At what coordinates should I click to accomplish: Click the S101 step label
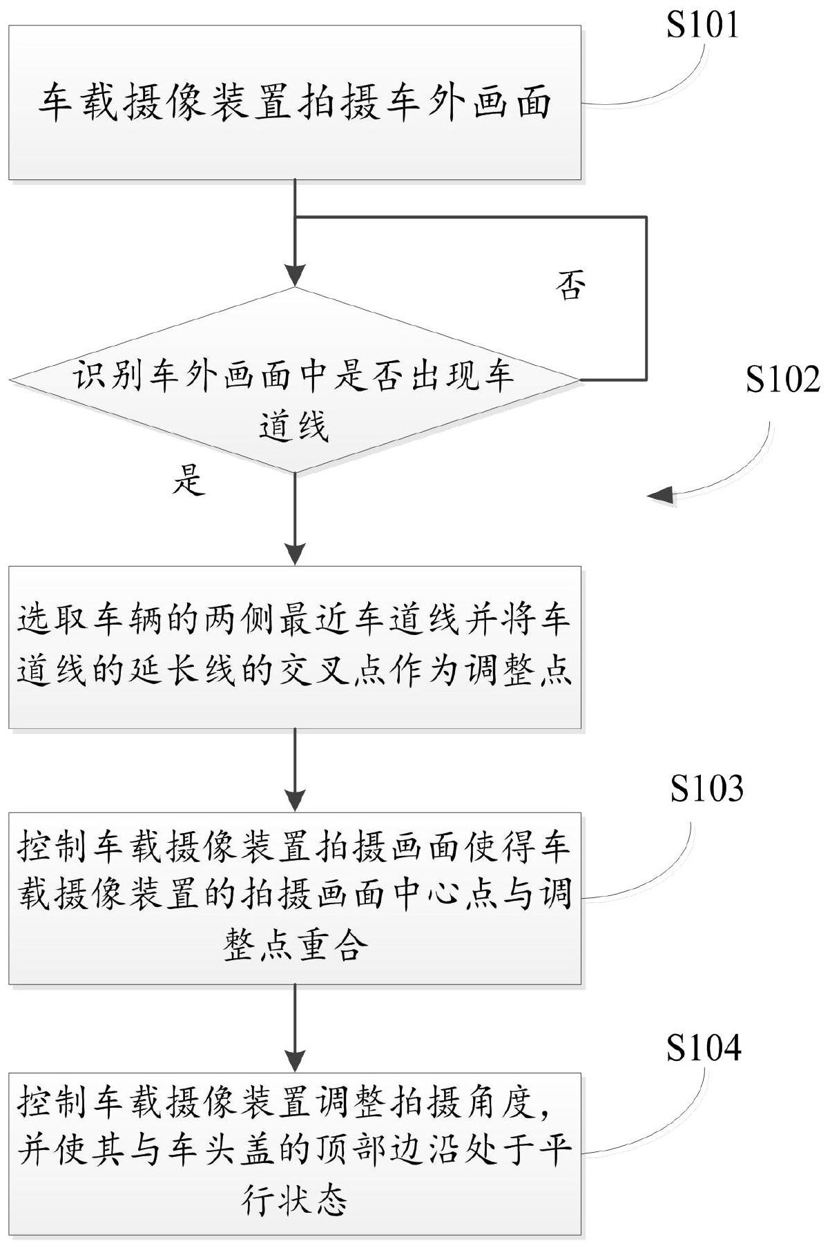(702, 26)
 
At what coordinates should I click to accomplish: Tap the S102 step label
(782, 380)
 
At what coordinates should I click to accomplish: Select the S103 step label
(706, 789)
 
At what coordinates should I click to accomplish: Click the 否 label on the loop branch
(570, 286)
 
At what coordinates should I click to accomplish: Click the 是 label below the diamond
(188, 480)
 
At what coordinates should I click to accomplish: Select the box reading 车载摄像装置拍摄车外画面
(294, 103)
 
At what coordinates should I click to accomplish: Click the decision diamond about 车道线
(294, 380)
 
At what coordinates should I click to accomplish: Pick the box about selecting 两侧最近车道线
(294, 647)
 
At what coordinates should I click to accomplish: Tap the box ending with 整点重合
(294, 897)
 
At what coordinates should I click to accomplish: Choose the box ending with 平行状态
(294, 1147)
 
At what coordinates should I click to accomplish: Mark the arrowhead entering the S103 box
(295, 802)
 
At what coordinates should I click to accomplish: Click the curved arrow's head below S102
(659, 494)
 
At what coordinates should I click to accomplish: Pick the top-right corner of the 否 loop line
(646, 217)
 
